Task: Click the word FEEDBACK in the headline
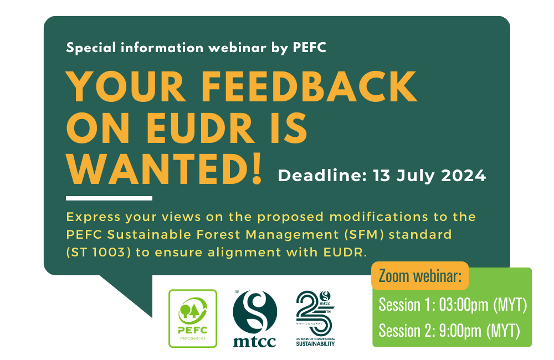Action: click(x=310, y=86)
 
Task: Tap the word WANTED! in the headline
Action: click(x=164, y=168)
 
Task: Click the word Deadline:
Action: click(x=322, y=176)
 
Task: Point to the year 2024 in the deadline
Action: click(x=464, y=176)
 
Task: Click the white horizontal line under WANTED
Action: click(x=109, y=198)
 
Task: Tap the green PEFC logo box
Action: click(x=193, y=318)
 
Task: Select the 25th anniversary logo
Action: click(x=315, y=318)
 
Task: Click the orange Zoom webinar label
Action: click(x=420, y=276)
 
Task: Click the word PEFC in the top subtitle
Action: click(x=310, y=48)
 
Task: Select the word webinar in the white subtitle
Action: click(x=238, y=48)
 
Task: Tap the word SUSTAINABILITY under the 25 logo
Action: click(x=315, y=344)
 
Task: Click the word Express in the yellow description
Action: click(x=93, y=217)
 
